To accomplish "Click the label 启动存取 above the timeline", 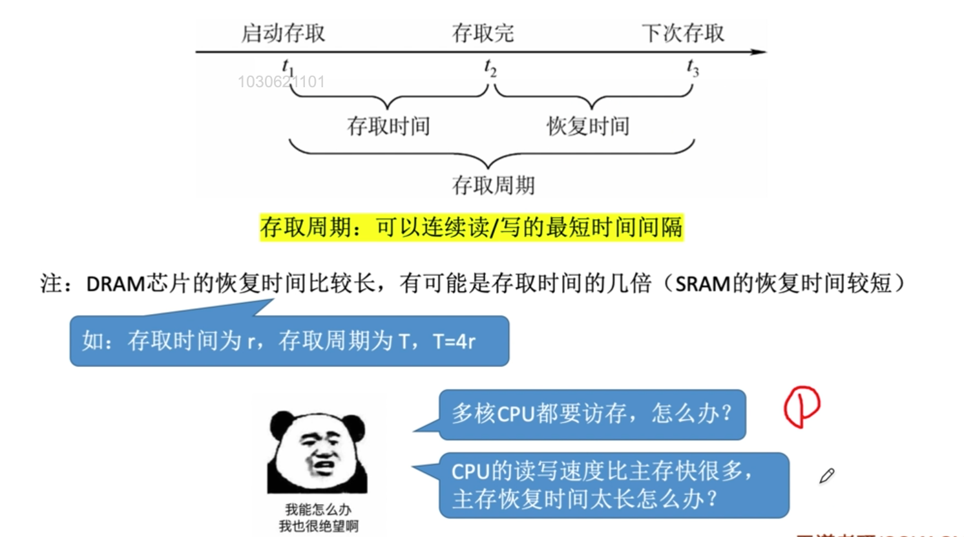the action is point(283,33).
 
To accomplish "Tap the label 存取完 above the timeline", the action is point(483,33).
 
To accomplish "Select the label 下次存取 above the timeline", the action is point(683,33).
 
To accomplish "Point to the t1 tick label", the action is point(288,67).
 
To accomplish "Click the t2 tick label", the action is point(490,67).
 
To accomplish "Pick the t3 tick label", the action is point(693,67).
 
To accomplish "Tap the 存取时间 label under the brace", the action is point(388,126).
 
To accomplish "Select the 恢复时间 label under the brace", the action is point(588,126).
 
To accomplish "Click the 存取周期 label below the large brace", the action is point(493,185).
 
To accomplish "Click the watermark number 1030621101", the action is point(281,82).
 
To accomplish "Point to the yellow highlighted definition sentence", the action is point(471,227).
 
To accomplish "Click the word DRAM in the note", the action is point(116,284).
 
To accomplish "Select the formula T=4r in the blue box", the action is point(454,341).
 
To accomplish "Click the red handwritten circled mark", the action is point(801,406).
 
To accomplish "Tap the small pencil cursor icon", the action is point(826,476).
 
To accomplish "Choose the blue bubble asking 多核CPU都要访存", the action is point(591,414).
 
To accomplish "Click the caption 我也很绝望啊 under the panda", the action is point(318,526).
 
